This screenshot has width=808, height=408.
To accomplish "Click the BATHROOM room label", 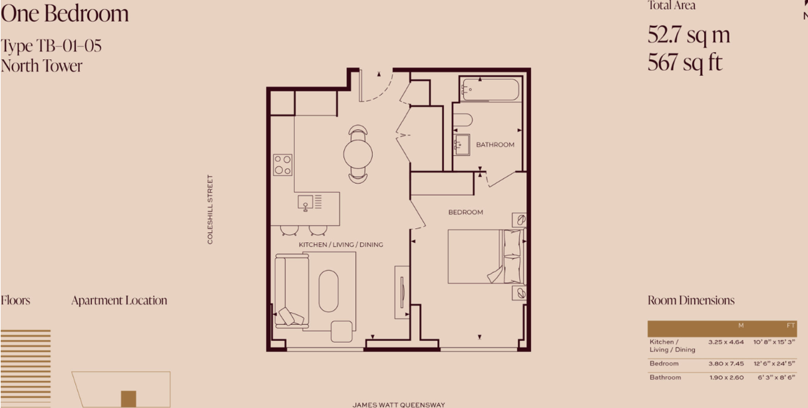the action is point(495,144).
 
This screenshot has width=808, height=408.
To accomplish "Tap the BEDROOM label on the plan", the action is point(465,212).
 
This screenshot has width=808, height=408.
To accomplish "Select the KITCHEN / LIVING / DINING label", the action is point(341,244).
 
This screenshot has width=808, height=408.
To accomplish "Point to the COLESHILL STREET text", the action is point(210,209).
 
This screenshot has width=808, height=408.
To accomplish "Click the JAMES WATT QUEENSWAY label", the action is point(399,405).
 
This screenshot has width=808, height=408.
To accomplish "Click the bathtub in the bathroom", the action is point(491,89).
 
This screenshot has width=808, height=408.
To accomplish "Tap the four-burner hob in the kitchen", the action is point(282,165).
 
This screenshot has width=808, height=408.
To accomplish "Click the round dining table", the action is point(358,154).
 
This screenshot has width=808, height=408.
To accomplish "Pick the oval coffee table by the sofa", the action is point(328,291).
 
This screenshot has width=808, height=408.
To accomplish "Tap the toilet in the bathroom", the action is point(463,120).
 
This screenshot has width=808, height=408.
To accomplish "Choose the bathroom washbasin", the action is point(462,144).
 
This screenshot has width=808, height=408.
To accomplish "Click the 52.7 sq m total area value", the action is point(689,35).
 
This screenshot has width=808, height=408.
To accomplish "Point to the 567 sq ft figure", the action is point(685,63).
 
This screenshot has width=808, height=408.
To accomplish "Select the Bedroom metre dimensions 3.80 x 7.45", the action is point(725,363).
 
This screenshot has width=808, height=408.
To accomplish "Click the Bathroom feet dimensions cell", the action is point(776,377).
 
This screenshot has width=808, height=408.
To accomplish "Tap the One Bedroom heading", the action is point(65,14).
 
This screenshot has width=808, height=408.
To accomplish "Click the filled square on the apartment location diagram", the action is point(128,399).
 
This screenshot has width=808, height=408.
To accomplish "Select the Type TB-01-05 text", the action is point(51,46).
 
